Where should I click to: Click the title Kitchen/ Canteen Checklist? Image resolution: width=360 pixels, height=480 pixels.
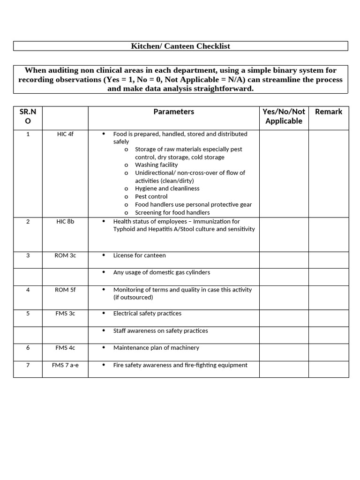[180, 46]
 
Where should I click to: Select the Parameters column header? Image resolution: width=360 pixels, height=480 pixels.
[173, 112]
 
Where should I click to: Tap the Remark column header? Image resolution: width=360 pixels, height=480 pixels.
[329, 112]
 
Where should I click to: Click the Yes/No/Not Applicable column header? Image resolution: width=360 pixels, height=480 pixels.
[284, 116]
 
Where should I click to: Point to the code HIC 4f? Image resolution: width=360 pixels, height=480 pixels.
[65, 134]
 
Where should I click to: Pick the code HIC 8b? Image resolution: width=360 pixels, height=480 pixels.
[65, 221]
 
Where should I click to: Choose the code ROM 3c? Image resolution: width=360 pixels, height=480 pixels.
[65, 255]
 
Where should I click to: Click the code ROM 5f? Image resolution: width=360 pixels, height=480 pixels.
[65, 290]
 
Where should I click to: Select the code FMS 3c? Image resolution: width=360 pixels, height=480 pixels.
[65, 314]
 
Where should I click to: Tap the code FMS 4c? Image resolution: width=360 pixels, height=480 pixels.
[65, 348]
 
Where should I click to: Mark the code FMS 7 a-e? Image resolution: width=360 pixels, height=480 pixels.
[65, 365]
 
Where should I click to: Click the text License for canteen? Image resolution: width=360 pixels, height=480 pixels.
[139, 255]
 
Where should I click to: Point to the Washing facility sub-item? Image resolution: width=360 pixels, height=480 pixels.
[156, 165]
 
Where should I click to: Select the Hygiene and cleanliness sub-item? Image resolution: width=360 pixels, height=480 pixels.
[167, 188]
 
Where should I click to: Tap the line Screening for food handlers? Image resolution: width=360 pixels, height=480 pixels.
[172, 212]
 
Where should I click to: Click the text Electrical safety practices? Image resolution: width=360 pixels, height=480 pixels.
[147, 314]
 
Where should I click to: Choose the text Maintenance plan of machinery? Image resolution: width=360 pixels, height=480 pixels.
[156, 348]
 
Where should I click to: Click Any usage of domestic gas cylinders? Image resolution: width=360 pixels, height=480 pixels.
[161, 272]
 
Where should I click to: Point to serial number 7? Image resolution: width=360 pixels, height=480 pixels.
[28, 365]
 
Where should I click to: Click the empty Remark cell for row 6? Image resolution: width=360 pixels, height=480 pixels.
[329, 352]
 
